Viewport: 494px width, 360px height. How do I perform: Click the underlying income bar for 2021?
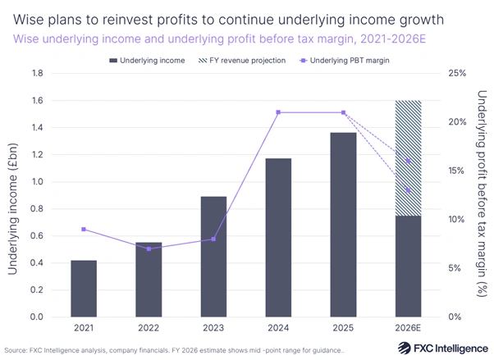click(85, 289)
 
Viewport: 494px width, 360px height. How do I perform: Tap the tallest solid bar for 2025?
click(344, 225)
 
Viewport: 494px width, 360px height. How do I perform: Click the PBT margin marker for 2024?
click(279, 112)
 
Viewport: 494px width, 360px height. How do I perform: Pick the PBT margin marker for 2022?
click(149, 248)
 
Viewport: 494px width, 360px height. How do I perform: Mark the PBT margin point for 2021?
click(85, 229)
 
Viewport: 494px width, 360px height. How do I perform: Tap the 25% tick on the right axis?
click(455, 74)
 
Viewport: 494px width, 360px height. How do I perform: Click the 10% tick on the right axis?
click(455, 220)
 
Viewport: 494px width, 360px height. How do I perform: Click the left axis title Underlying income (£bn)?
click(14, 195)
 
